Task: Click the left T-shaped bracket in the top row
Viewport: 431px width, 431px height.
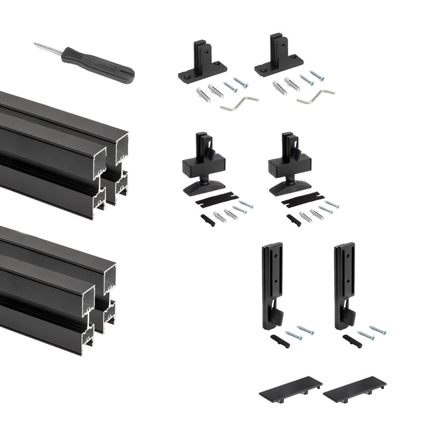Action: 201,62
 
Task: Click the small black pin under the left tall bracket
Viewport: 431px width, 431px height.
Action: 280,340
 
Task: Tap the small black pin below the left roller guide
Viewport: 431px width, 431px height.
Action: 207,220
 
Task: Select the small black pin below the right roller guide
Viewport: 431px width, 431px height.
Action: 294,220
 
